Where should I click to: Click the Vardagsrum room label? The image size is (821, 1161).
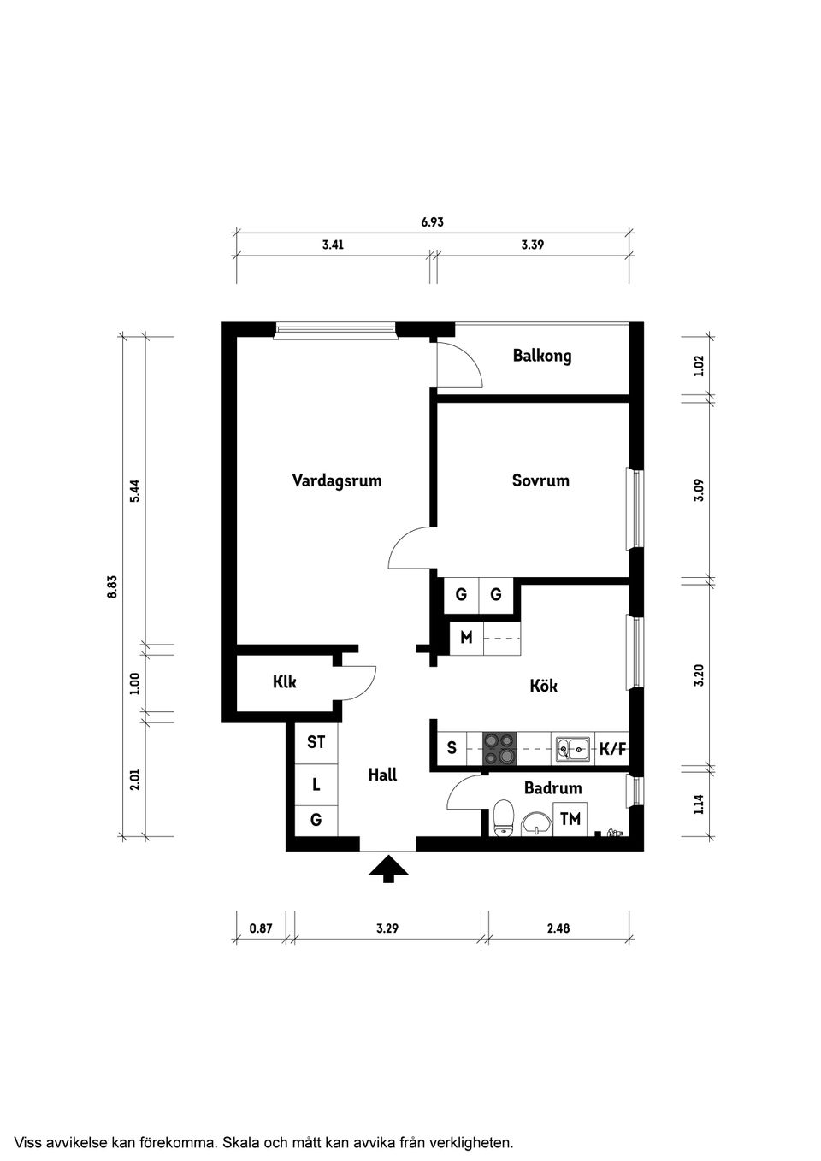[336, 480]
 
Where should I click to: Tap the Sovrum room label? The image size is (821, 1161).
[540, 480]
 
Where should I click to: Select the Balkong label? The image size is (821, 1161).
[542, 356]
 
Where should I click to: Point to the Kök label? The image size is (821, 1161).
[543, 686]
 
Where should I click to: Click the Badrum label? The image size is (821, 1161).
[552, 788]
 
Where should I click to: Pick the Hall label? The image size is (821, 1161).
[382, 775]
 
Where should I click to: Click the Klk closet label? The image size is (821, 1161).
[285, 682]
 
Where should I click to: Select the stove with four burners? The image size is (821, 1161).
[500, 749]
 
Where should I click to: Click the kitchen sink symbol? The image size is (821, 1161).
[572, 749]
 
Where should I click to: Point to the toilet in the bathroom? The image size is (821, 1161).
[504, 816]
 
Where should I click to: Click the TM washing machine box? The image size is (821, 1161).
[570, 819]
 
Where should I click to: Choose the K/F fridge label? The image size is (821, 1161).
[612, 750]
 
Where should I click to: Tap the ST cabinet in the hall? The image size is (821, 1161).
[316, 742]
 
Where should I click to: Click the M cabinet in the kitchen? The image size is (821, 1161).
[466, 638]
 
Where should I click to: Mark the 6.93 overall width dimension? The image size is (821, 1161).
[432, 222]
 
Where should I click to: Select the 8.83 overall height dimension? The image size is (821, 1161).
[112, 586]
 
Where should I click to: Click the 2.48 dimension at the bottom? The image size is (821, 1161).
[558, 928]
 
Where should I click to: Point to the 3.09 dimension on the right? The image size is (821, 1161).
[699, 490]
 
